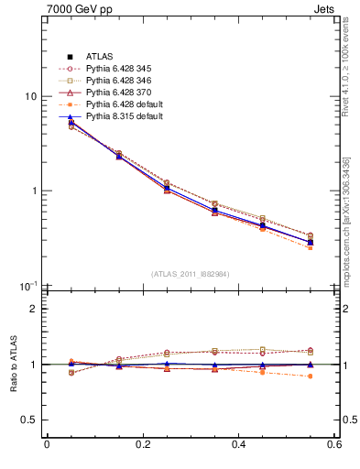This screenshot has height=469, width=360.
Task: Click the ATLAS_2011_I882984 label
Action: (191, 273)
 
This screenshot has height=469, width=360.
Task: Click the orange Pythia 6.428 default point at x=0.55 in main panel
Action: (310, 248)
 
